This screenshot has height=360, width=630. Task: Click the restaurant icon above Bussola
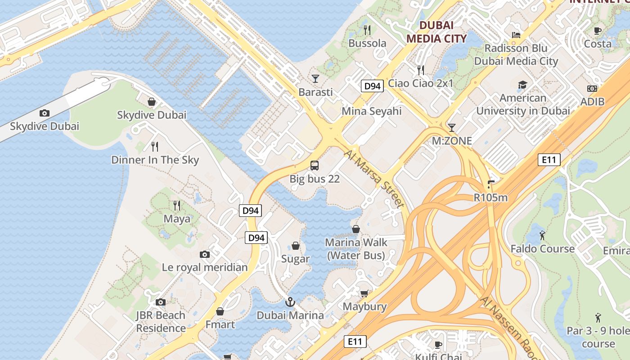pyautogui.click(x=367, y=30)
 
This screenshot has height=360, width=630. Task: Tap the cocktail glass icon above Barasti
pyautogui.click(x=315, y=79)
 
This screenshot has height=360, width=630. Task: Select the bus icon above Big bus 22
pyautogui.click(x=315, y=166)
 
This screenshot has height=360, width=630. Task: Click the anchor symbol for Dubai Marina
pyautogui.click(x=290, y=302)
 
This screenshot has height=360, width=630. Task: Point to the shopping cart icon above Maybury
pyautogui.click(x=364, y=294)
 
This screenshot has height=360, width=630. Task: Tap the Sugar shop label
pyautogui.click(x=295, y=259)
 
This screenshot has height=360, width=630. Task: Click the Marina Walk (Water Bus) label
pyautogui.click(x=356, y=249)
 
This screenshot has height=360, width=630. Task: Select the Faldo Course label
pyautogui.click(x=542, y=249)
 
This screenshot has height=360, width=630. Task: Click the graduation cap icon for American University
pyautogui.click(x=522, y=85)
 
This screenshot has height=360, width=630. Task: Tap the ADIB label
pyautogui.click(x=592, y=102)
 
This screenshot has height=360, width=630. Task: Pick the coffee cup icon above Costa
pyautogui.click(x=598, y=31)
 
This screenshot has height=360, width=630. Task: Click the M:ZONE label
pyautogui.click(x=452, y=141)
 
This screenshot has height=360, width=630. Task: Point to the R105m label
pyautogui.click(x=490, y=197)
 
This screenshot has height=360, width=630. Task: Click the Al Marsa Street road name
pyautogui.click(x=373, y=179)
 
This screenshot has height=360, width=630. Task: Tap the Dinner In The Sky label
pyautogui.click(x=155, y=160)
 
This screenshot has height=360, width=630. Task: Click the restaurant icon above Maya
pyautogui.click(x=177, y=206)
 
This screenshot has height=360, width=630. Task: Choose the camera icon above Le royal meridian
pyautogui.click(x=205, y=255)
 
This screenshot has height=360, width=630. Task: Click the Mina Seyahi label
pyautogui.click(x=371, y=111)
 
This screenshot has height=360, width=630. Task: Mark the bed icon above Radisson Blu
pyautogui.click(x=516, y=35)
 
